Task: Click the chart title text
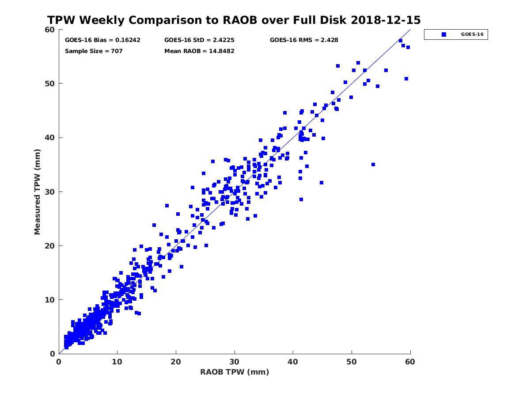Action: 234,20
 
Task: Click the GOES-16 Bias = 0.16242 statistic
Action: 102,40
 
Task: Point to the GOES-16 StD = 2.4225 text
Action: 199,40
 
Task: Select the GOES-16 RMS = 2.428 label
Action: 304,40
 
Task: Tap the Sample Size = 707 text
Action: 94,51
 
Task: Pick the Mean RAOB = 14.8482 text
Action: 199,51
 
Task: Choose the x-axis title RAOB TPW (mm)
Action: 235,372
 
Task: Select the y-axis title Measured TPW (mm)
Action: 38,191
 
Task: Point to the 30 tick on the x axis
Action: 235,362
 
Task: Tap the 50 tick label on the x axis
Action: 352,362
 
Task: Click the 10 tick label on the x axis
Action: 117,362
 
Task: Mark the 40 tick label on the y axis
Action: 50,138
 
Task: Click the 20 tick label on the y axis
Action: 50,246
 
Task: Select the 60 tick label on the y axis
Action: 50,30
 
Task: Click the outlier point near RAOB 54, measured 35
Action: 373,165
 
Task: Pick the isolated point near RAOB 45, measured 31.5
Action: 322,183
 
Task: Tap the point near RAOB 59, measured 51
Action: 406,79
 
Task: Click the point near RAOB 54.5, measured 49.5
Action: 378,86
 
